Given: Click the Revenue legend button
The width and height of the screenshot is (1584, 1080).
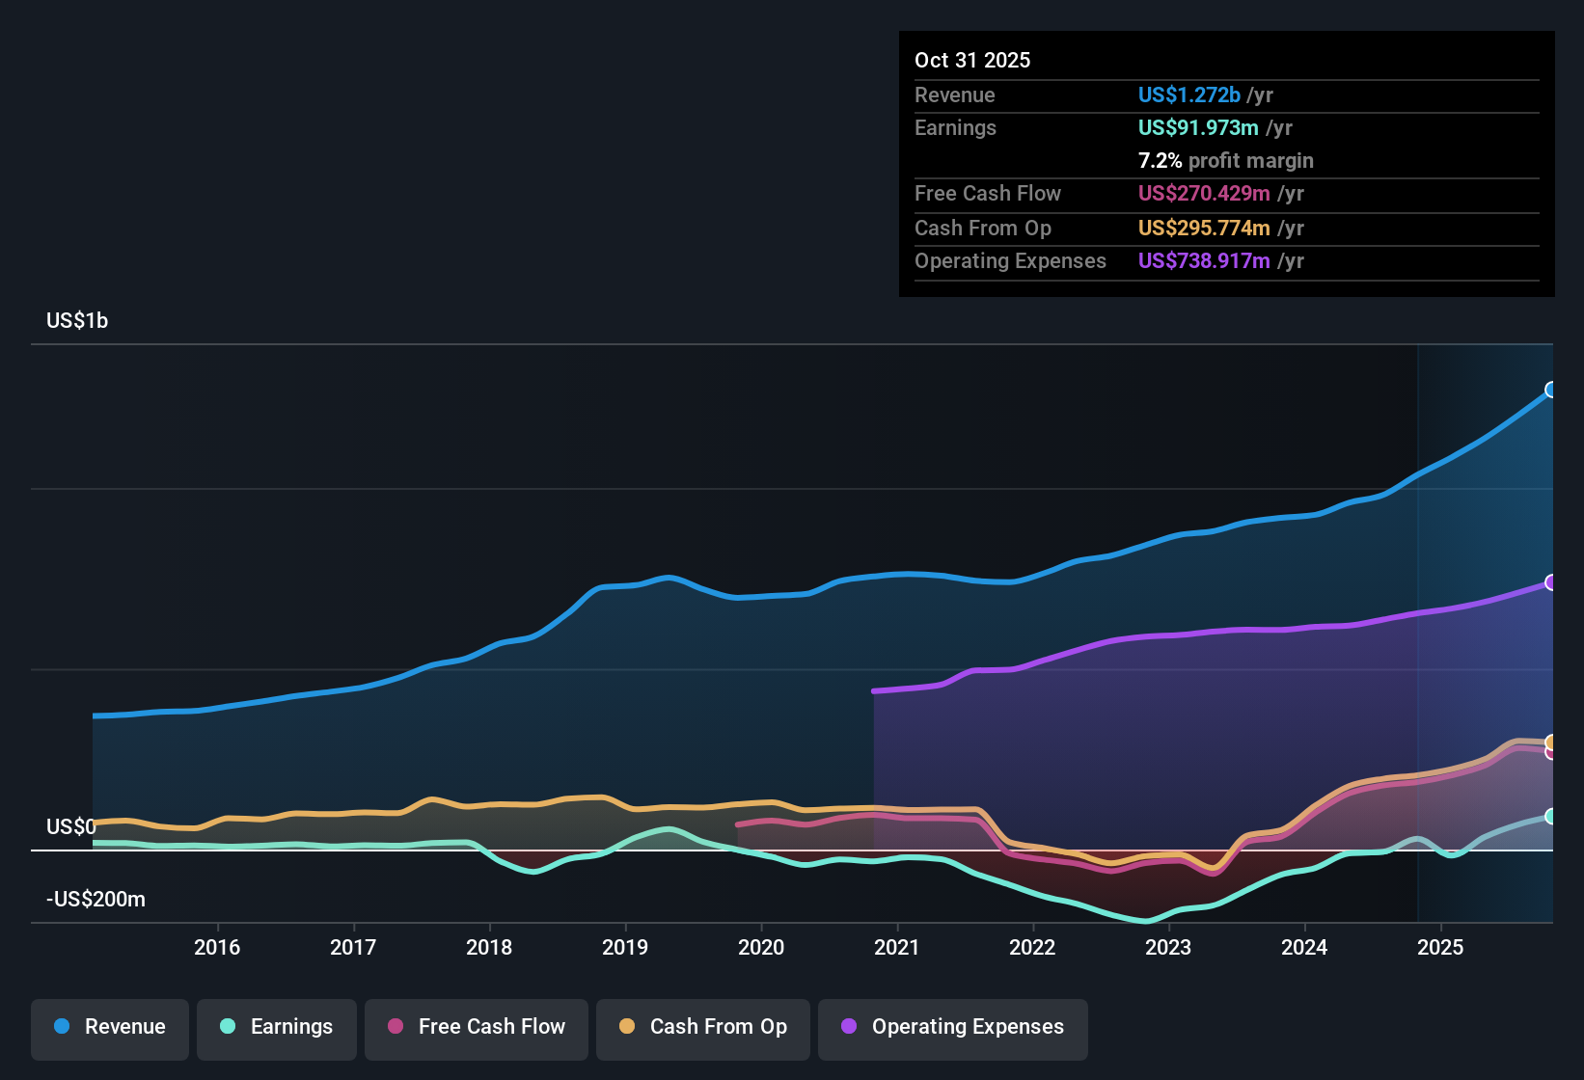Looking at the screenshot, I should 110,1027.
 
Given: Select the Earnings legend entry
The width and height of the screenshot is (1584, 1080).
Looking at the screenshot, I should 277,1027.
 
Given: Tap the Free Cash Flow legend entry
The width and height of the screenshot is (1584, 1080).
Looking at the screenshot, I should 477,1027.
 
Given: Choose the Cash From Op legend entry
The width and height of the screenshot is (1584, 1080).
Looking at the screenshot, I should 703,1027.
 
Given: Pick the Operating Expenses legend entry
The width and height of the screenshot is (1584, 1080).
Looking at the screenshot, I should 953,1027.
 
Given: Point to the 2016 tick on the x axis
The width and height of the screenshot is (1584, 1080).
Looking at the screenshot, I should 217,947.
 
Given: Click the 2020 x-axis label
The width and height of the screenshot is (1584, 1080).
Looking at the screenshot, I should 761,947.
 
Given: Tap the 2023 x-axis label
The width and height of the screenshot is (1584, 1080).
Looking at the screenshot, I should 1168,947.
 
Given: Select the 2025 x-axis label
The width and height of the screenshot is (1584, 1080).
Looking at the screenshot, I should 1440,947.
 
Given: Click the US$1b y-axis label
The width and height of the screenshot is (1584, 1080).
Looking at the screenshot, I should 77,320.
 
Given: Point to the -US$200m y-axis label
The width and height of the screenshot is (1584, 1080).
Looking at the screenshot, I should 96,899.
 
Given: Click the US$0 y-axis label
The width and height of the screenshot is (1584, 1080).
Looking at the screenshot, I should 71,826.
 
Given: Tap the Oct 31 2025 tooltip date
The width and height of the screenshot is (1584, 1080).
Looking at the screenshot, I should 972,60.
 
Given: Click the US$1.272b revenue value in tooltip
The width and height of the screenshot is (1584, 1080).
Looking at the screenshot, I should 1188,94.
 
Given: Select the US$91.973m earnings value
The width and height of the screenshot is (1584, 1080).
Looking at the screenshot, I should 1198,127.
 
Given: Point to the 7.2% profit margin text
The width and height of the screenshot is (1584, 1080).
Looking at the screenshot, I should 1225,160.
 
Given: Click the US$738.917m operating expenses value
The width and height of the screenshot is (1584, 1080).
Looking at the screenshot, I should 1204,260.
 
